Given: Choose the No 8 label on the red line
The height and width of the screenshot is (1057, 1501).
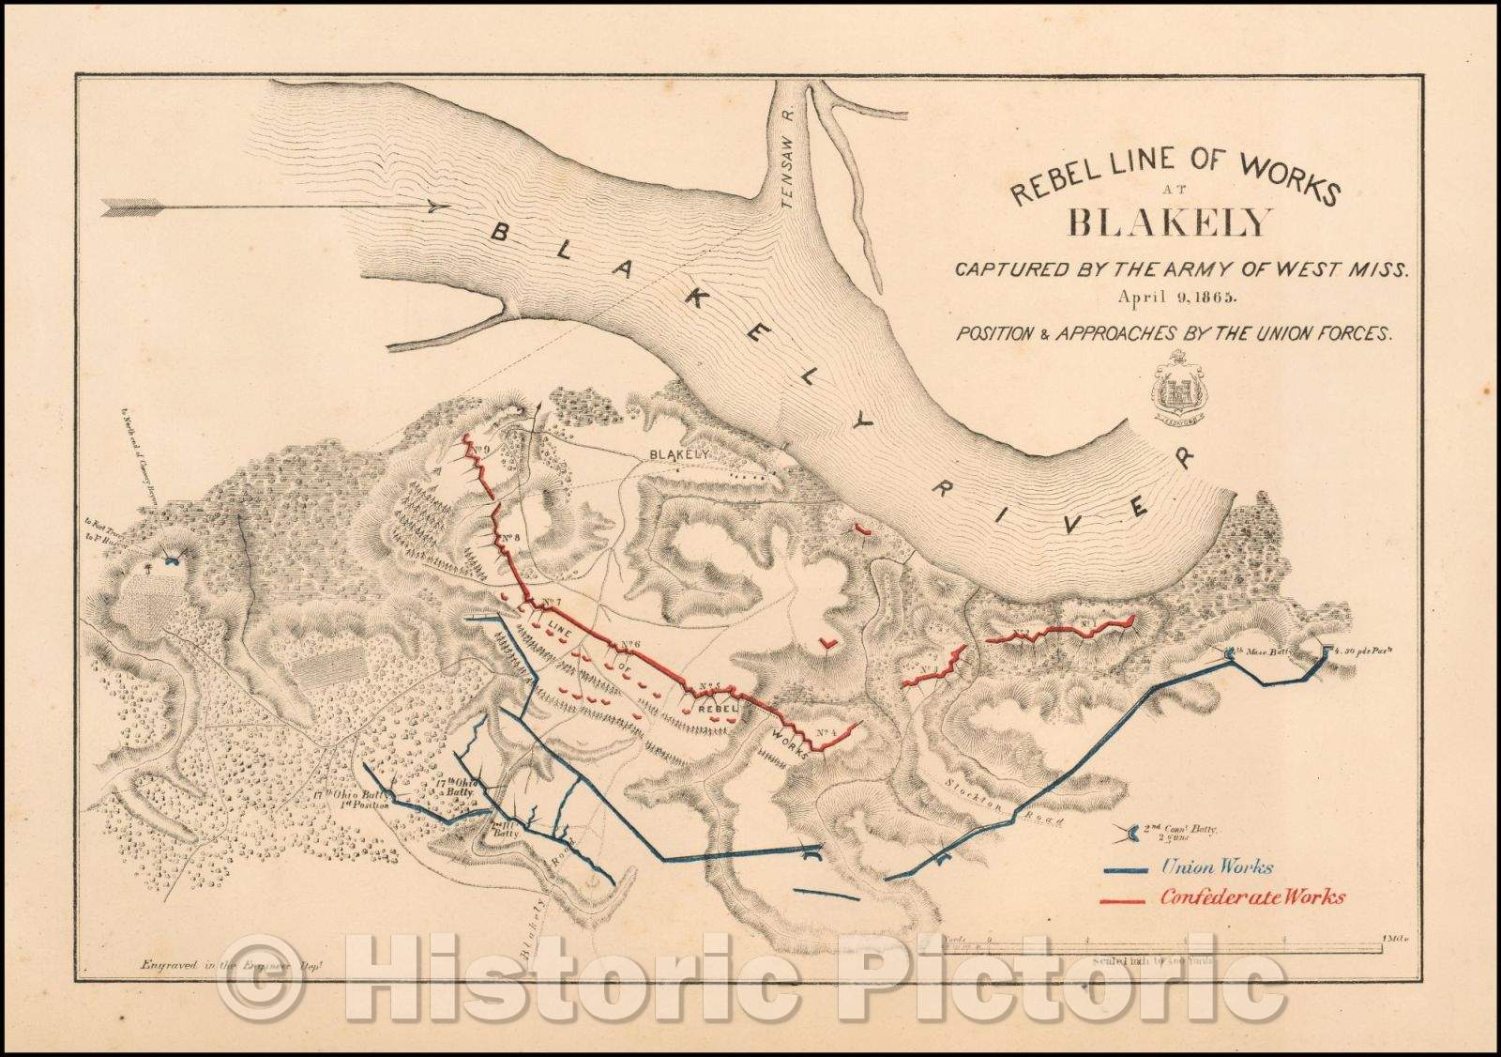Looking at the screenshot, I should pyautogui.click(x=510, y=539).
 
